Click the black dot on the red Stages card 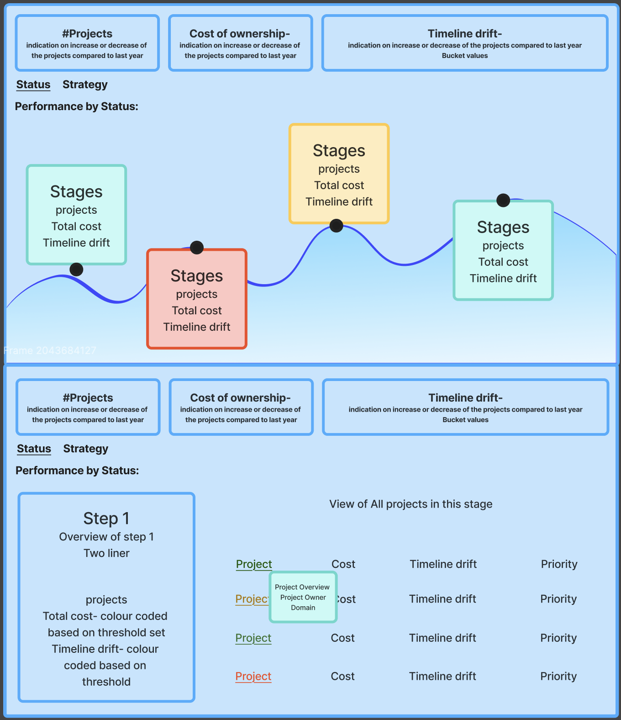tap(197, 247)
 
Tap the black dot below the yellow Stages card tap(336, 226)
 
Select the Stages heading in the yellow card tap(339, 151)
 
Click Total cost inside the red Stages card tap(197, 310)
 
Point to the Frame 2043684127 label tap(50, 350)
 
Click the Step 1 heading tap(106, 519)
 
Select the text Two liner tap(106, 553)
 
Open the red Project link tap(253, 676)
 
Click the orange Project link tap(253, 599)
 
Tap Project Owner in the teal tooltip tap(303, 598)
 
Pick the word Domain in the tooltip tap(303, 608)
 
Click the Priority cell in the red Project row tap(558, 676)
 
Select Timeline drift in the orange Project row tap(442, 599)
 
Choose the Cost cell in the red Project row tap(342, 676)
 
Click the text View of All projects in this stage tap(411, 504)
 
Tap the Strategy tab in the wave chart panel tap(85, 85)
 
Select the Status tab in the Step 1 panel tap(34, 449)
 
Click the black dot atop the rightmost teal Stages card tap(503, 200)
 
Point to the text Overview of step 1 tap(106, 537)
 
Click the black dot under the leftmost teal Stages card tap(76, 269)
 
